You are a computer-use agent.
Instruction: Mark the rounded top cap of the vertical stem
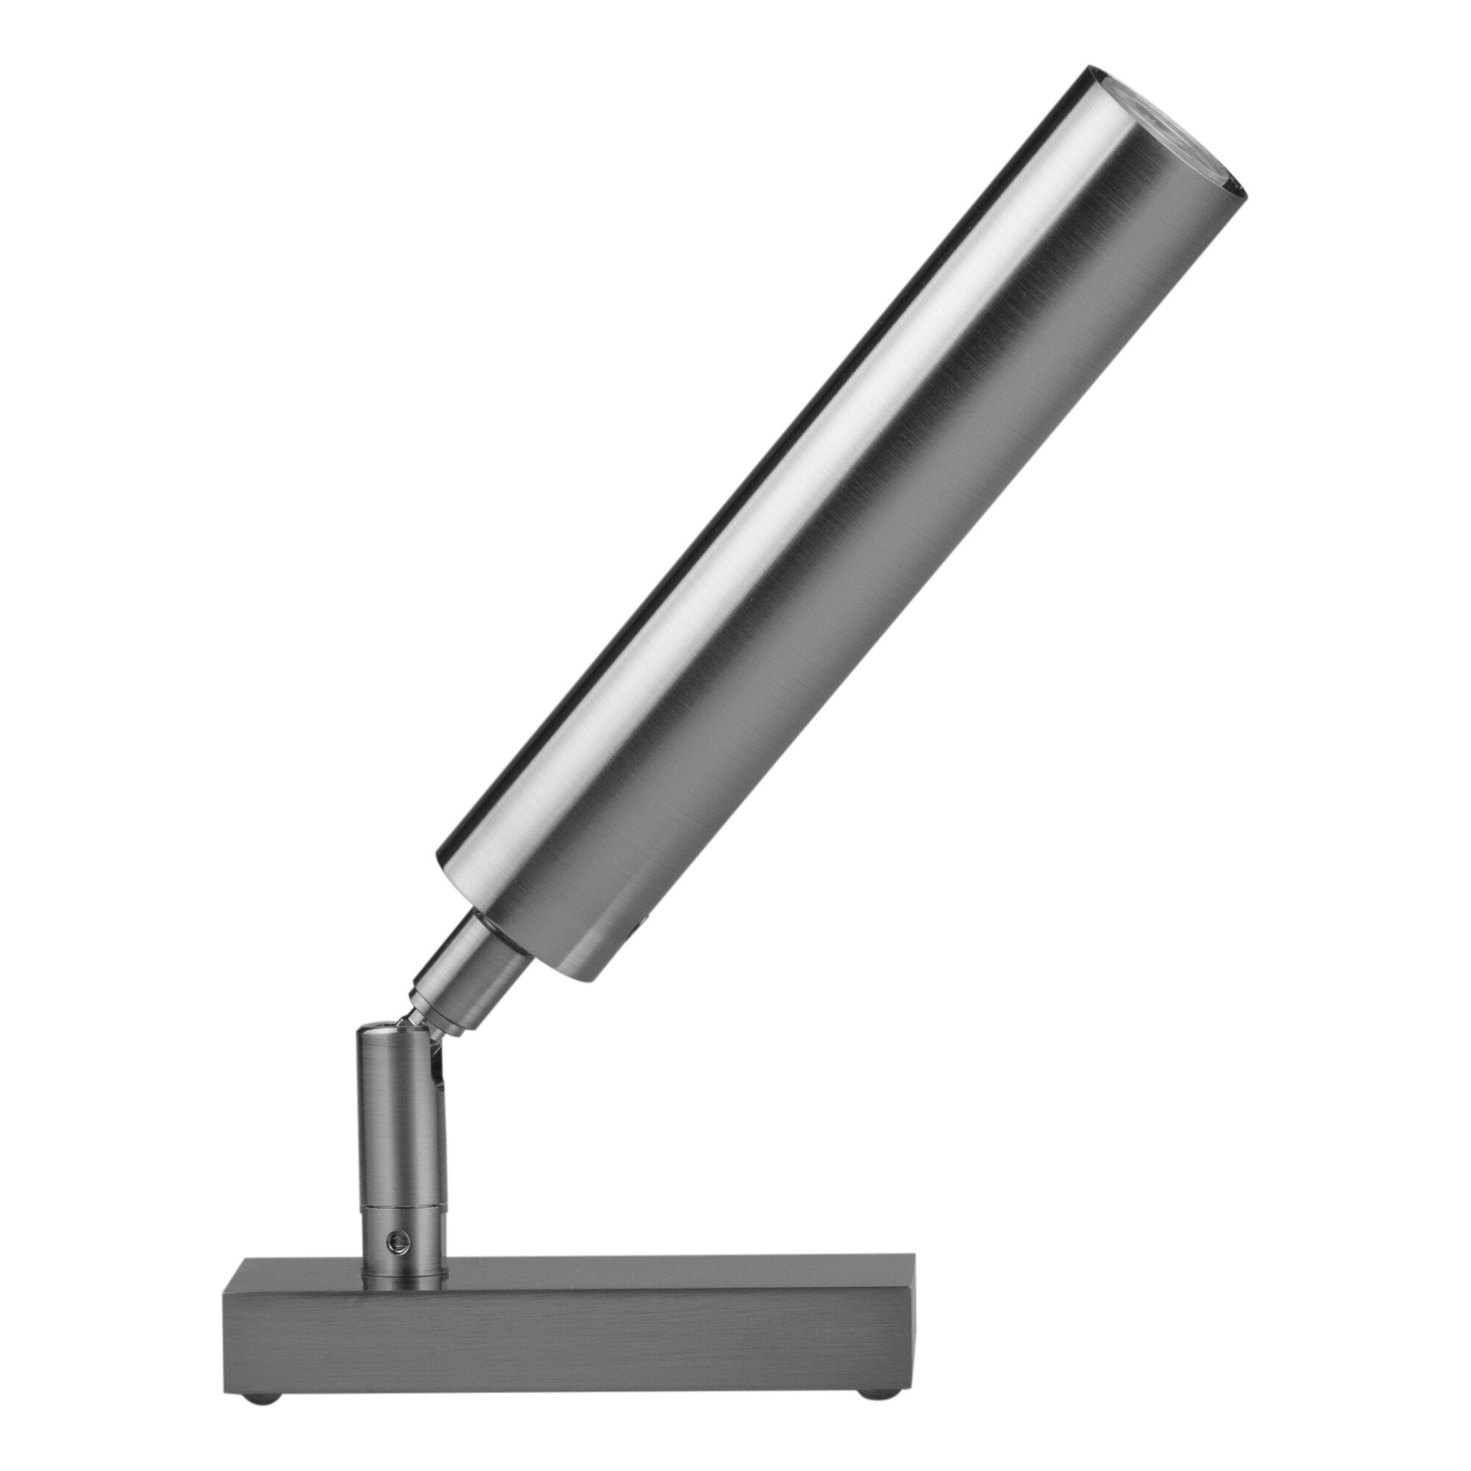coord(382,1034)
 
